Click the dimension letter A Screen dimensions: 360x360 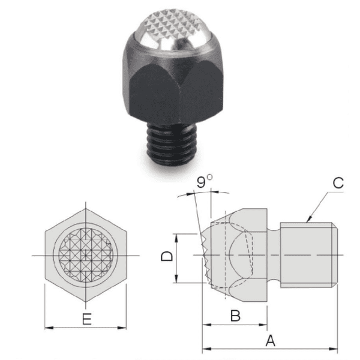tap(270, 340)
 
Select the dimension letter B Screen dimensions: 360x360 tap(235, 316)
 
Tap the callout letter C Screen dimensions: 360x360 tap(338, 183)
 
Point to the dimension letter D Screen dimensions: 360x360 tap(167, 256)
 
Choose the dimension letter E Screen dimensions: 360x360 tap(87, 319)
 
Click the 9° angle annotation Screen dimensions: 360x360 tap(205, 181)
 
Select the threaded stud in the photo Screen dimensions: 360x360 tap(171, 144)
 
